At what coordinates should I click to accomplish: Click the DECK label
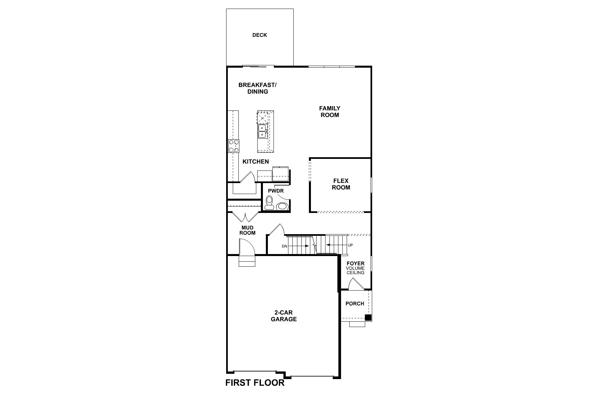(x=260, y=35)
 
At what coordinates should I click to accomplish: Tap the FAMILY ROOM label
(x=329, y=112)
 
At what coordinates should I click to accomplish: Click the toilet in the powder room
(x=269, y=203)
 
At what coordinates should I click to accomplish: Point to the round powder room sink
(x=282, y=206)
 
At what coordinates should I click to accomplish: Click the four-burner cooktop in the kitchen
(x=234, y=146)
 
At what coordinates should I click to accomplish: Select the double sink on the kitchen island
(x=262, y=131)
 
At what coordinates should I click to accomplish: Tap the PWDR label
(x=275, y=191)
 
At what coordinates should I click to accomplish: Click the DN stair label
(x=284, y=246)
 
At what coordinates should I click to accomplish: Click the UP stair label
(x=350, y=245)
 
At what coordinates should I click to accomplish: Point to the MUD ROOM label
(x=247, y=230)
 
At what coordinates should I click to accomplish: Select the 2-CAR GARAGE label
(x=284, y=316)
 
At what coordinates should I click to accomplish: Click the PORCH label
(x=355, y=303)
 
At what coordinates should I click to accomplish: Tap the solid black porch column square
(x=368, y=317)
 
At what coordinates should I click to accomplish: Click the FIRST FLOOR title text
(x=255, y=383)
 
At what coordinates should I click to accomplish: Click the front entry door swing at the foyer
(x=356, y=284)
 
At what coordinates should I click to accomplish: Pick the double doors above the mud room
(x=245, y=217)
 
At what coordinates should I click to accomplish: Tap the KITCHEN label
(x=256, y=162)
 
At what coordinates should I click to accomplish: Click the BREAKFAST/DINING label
(x=258, y=88)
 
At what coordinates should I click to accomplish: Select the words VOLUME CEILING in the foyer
(x=355, y=270)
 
